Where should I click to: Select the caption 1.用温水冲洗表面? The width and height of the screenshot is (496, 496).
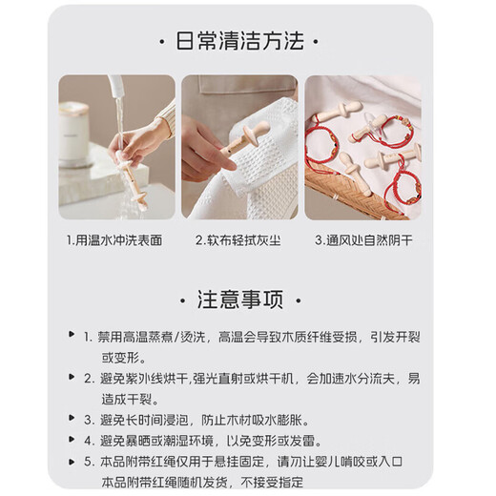[114, 240]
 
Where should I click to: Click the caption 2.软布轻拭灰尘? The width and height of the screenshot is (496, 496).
[239, 240]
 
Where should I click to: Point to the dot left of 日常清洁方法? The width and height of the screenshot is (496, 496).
[157, 43]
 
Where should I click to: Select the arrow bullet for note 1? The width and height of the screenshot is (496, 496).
[72, 337]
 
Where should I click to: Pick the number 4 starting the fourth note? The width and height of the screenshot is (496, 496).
[87, 440]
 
